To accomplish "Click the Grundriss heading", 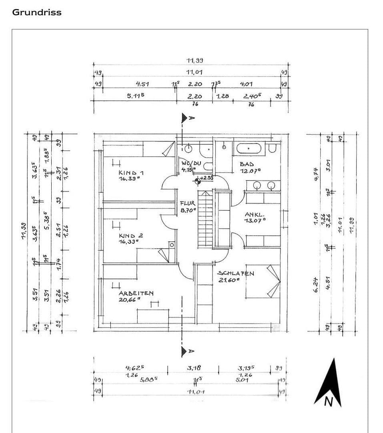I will point(37,12).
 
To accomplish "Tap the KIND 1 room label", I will point(131,172).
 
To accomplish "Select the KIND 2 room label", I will point(131,236).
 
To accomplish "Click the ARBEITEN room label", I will point(136,293).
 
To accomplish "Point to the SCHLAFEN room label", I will point(236,273).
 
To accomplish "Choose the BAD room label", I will point(247,164).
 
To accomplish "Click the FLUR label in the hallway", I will point(188,203).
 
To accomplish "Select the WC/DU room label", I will point(191,163).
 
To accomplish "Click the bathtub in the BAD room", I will point(249,148).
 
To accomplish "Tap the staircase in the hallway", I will point(205,219).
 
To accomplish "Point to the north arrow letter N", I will point(328,402).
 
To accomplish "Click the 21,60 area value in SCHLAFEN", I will point(229,280).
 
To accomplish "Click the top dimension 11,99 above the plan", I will point(195,61).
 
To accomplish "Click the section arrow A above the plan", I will point(185,118).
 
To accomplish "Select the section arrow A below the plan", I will point(185,352).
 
